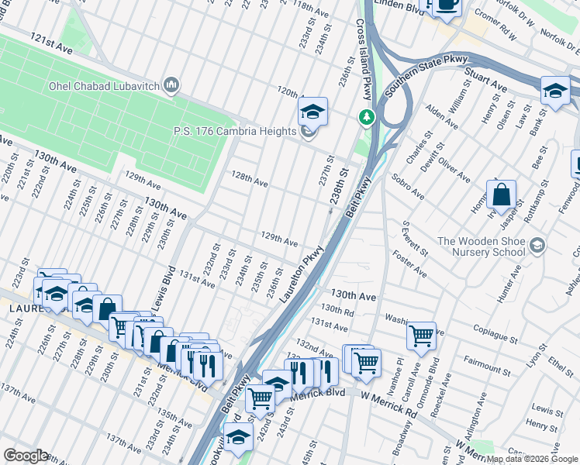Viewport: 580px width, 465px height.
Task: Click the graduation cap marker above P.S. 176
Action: (x=312, y=112)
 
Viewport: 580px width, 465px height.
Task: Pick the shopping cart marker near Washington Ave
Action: (x=421, y=336)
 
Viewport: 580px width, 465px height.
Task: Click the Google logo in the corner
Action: (x=26, y=456)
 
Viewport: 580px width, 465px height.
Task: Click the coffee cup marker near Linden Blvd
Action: (x=446, y=5)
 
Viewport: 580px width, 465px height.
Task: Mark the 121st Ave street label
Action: (x=51, y=43)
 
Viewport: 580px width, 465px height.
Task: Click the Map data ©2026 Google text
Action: (x=532, y=459)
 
